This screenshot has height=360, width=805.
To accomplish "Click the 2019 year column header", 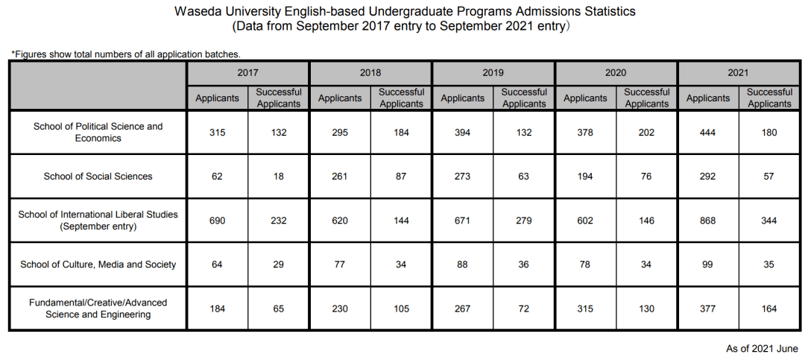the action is click(x=493, y=73).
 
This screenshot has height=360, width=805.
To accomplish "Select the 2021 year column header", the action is click(x=738, y=73).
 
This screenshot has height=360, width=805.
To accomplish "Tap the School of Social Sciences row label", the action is click(x=98, y=176).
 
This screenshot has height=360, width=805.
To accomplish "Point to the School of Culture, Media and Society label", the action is click(x=98, y=265).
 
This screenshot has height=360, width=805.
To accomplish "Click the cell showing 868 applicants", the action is click(x=707, y=221).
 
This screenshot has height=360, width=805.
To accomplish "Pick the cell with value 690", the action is click(x=217, y=221).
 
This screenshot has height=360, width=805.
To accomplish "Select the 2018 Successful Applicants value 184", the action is click(x=401, y=133).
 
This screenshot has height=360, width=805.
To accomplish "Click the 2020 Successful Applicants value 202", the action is click(x=646, y=133).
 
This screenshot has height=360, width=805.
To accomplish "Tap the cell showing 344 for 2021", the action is click(x=768, y=221).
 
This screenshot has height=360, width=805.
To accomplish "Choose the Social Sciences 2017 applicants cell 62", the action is click(x=217, y=176).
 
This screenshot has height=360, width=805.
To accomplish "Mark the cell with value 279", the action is click(x=524, y=221).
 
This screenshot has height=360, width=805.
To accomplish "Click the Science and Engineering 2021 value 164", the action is click(x=768, y=309).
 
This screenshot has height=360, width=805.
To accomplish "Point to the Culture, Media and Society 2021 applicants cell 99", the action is click(x=707, y=265).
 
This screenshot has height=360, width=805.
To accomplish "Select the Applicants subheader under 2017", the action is click(x=217, y=98).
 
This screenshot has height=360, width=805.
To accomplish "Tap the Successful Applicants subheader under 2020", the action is click(x=646, y=98).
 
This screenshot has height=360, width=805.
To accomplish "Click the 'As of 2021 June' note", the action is click(x=762, y=349).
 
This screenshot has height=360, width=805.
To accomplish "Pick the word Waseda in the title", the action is click(x=194, y=11).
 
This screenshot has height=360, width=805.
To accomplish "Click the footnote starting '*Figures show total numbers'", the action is click(x=126, y=54).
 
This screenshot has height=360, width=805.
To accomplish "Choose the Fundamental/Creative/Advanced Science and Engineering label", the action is click(x=98, y=309).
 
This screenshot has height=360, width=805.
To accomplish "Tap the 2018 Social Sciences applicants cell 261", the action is click(x=339, y=176).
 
